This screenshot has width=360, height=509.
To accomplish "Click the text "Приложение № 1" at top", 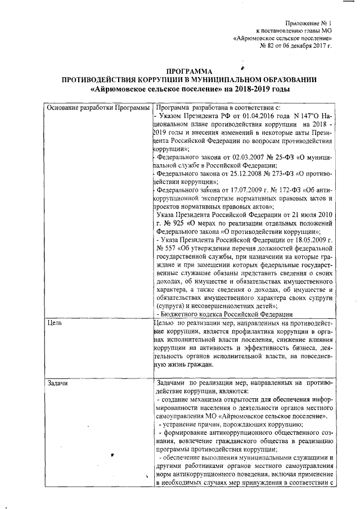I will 308,22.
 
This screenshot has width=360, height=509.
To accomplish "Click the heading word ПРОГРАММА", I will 191,71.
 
